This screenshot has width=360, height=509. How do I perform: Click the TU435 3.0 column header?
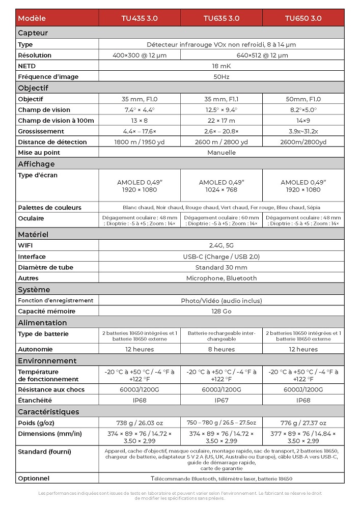tap(139, 18)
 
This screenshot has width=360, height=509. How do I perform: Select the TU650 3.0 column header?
tap(303, 18)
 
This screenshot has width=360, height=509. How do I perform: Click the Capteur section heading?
tap(33, 33)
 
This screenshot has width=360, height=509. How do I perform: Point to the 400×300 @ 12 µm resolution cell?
tap(139, 55)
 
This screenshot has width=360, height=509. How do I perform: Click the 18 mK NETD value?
tap(221, 66)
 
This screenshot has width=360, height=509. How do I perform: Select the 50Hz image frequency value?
tap(221, 77)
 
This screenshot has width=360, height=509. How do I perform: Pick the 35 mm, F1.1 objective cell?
tap(221, 99)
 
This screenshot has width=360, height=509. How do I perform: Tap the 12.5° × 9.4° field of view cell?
tap(221, 110)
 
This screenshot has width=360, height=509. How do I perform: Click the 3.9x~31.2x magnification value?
tap(303, 131)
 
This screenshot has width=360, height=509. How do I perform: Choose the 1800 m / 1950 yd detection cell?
tap(139, 142)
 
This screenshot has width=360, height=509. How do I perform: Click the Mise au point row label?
tap(39, 152)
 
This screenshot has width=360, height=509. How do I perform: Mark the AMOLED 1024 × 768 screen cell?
tap(221, 186)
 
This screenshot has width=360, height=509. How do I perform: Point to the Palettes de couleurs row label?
tap(49, 208)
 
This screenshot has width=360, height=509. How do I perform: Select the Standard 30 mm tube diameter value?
tap(221, 267)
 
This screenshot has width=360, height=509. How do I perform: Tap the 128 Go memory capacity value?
tap(221, 311)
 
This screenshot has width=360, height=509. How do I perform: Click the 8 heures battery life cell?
tap(221, 349)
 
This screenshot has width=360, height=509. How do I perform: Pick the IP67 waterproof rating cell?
tap(221, 400)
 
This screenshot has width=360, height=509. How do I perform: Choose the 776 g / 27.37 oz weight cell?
tap(303, 423)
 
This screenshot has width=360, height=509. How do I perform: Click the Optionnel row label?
tap(34, 478)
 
